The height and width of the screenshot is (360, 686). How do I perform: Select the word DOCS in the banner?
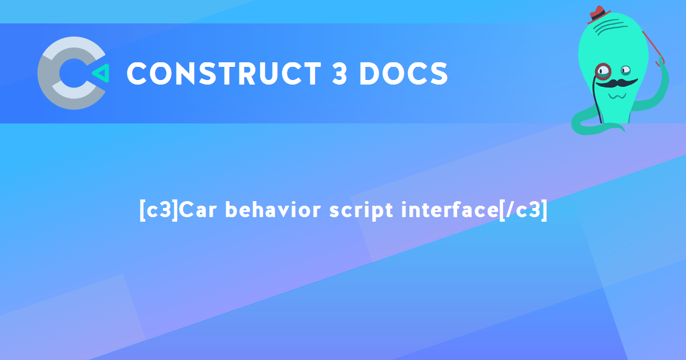(x=404, y=74)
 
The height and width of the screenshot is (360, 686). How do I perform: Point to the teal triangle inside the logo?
(x=100, y=73)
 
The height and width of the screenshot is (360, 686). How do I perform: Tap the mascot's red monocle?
(x=603, y=71)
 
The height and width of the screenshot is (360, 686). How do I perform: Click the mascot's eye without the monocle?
(x=626, y=70)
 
